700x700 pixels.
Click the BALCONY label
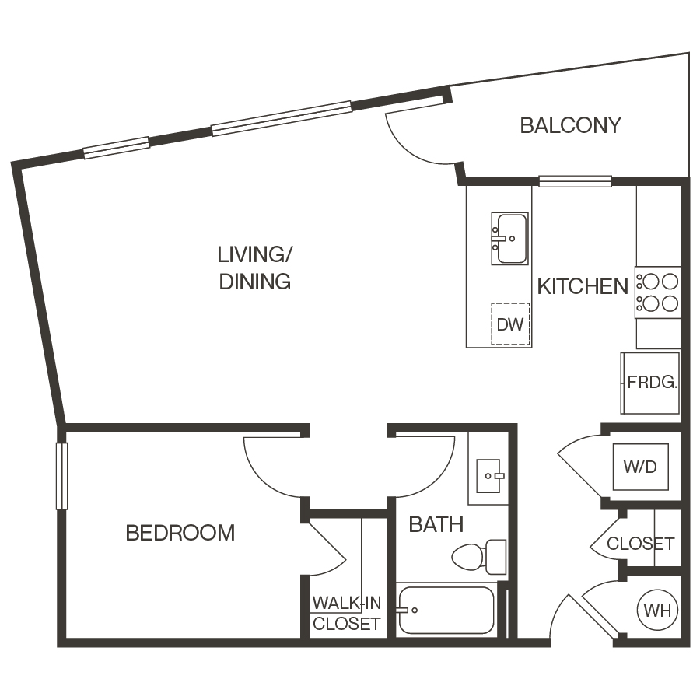coord(570,125)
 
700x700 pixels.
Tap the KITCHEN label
coord(583,286)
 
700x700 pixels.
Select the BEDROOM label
coord(180,533)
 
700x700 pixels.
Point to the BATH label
coord(436,524)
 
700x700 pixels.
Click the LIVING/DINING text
coord(254,268)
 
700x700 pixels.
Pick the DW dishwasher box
coord(511,324)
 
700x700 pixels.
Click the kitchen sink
coord(510,238)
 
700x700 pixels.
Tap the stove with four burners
coord(657,292)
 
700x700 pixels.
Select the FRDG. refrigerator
coord(651,383)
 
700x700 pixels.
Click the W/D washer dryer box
coord(640,467)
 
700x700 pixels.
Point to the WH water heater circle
coord(658,610)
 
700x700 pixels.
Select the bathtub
coord(446,610)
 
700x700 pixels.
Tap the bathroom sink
coord(488,474)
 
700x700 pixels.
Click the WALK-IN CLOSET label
coord(346,613)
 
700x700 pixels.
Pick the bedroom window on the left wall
coord(62,476)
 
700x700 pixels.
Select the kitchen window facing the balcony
coord(575,181)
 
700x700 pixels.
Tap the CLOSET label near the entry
coord(640,544)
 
